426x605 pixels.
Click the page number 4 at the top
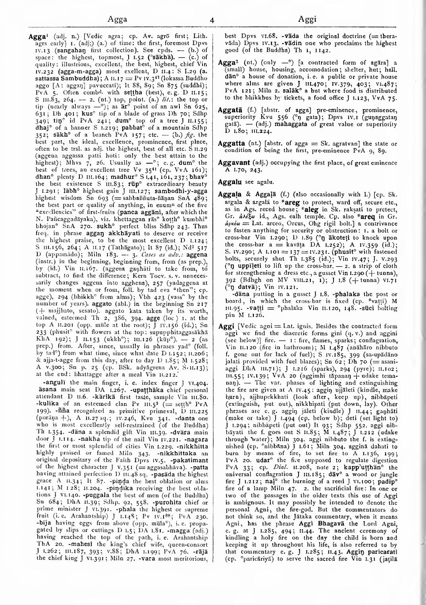(212, 19)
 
